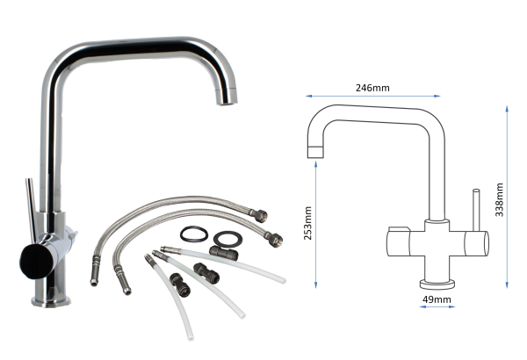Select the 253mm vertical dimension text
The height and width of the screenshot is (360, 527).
tap(308, 227)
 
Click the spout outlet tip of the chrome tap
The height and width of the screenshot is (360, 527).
tap(226, 99)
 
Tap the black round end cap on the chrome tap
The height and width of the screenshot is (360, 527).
tap(32, 260)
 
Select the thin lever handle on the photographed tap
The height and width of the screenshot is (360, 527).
tap(31, 207)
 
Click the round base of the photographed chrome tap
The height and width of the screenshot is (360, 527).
tap(52, 300)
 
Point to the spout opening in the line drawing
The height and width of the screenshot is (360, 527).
tap(315, 152)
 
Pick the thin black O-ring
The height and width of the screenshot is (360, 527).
tap(193, 235)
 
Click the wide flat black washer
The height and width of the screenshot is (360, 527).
tap(227, 238)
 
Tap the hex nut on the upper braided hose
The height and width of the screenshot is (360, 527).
tap(263, 213)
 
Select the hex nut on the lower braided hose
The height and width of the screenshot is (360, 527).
tap(275, 236)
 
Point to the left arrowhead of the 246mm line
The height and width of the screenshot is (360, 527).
tap(307, 97)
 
